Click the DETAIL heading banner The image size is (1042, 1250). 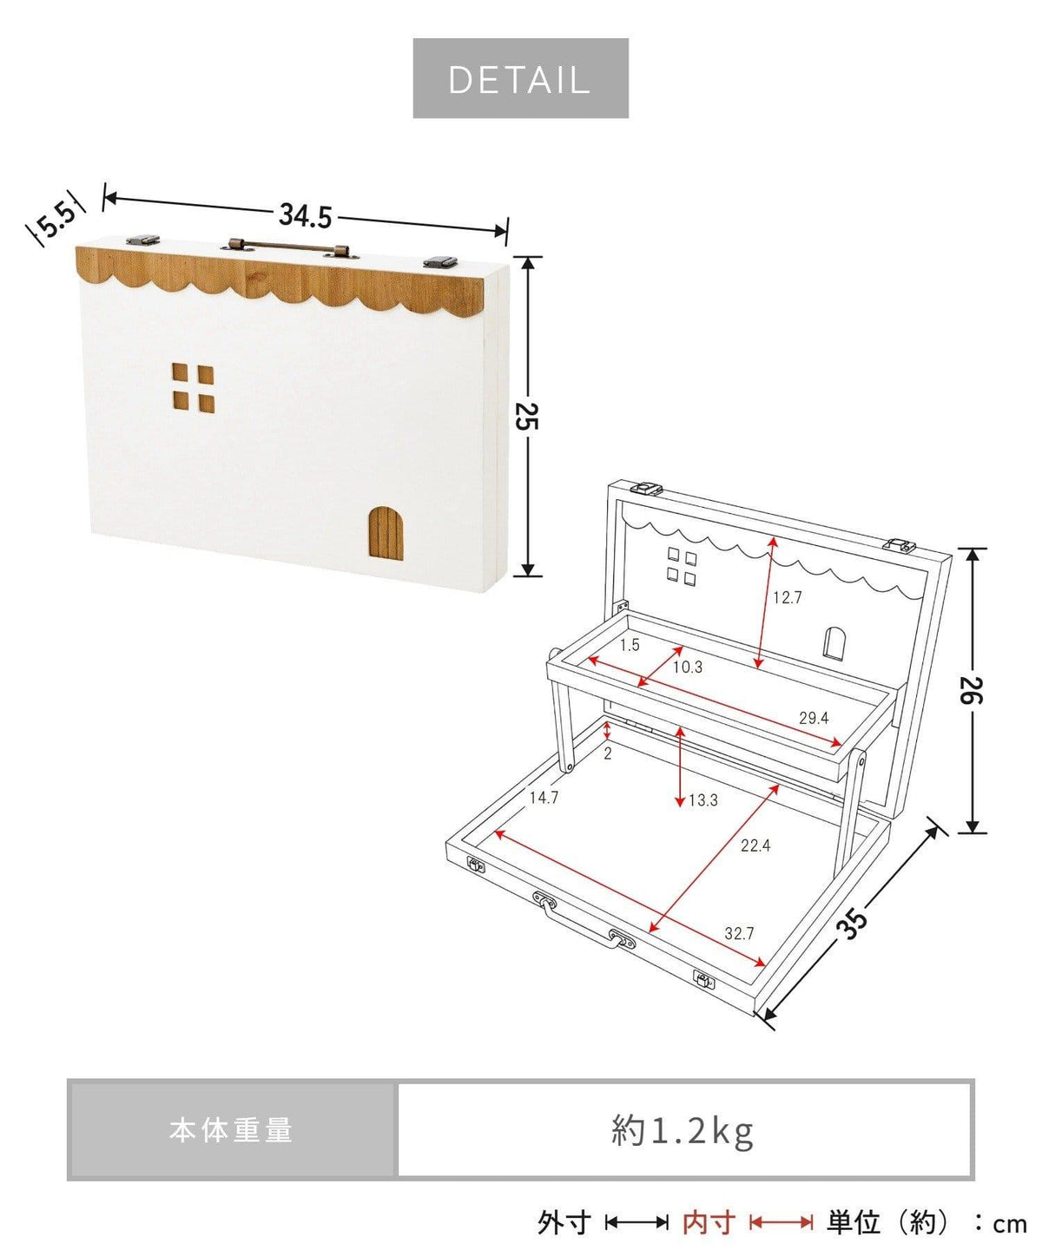click(x=520, y=78)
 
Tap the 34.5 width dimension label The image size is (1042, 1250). click(x=305, y=215)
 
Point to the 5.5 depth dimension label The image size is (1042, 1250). click(x=57, y=220)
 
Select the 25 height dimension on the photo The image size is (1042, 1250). click(x=527, y=417)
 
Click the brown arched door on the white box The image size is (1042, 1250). click(x=386, y=533)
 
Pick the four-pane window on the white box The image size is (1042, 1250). click(x=193, y=387)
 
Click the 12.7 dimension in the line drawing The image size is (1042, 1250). click(x=787, y=597)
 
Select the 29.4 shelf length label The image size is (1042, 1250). click(x=814, y=718)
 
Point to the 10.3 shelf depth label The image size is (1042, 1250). click(x=688, y=667)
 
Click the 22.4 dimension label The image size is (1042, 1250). click(x=755, y=845)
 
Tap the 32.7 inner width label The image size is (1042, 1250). click(x=739, y=933)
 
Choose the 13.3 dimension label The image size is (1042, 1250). click(x=703, y=799)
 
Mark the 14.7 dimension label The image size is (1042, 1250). click(x=544, y=798)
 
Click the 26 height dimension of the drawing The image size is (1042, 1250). click(x=971, y=689)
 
